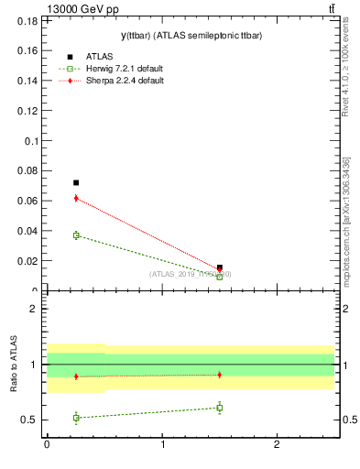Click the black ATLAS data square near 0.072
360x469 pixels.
point(76,182)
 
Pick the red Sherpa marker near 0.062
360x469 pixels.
point(76,198)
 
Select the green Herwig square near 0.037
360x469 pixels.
point(76,235)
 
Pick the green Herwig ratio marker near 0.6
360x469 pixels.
point(219,408)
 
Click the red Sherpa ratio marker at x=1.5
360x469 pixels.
point(219,375)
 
